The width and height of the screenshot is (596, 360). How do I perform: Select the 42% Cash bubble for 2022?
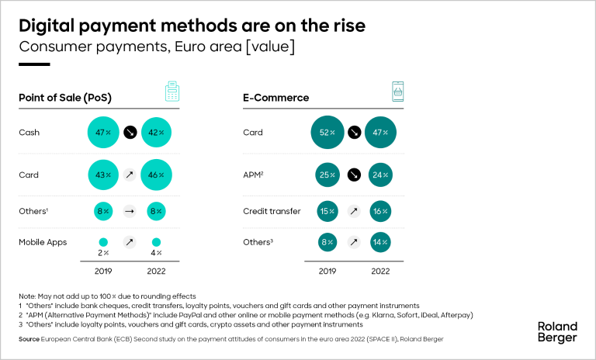pyautogui.click(x=157, y=133)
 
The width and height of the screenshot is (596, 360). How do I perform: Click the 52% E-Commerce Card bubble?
pyautogui.click(x=327, y=133)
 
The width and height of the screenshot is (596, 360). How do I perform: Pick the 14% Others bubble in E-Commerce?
pyautogui.click(x=380, y=242)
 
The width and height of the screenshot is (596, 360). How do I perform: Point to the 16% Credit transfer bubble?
pyautogui.click(x=380, y=211)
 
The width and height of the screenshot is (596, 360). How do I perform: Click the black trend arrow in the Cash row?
pyautogui.click(x=130, y=133)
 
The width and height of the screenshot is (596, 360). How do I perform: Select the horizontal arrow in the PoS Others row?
pyautogui.click(x=130, y=211)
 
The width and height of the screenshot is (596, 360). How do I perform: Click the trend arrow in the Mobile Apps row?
pyautogui.click(x=130, y=242)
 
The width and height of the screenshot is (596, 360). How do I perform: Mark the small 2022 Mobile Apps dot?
pyautogui.click(x=157, y=241)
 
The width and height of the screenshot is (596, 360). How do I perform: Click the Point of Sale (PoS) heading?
pyautogui.click(x=64, y=98)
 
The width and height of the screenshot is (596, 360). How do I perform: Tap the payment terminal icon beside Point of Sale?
pyautogui.click(x=172, y=92)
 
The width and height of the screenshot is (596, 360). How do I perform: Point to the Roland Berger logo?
pyautogui.click(x=558, y=331)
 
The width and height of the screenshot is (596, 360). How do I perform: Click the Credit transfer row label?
pyautogui.click(x=271, y=211)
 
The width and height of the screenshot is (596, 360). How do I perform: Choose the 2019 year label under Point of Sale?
pyautogui.click(x=103, y=272)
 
